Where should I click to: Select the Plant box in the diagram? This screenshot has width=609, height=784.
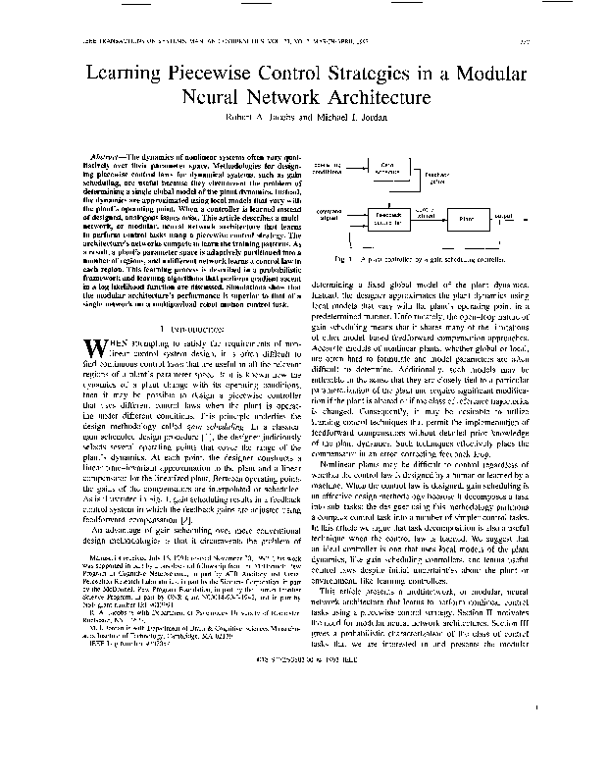(459, 221)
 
